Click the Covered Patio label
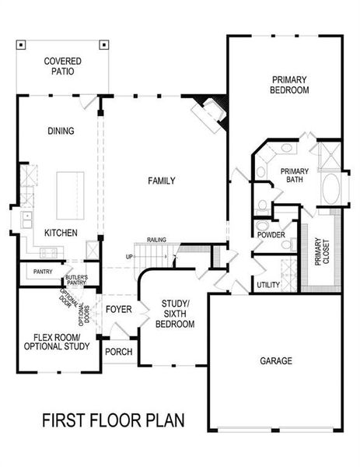63,65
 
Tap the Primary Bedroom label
290,84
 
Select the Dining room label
60,131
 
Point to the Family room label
161,181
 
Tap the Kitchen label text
60,233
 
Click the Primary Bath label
295,176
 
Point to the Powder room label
271,235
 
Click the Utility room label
268,286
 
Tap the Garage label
276,360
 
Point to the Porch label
118,352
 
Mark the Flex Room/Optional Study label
58,342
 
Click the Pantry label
42,271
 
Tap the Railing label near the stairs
156,240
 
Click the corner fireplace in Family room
210,114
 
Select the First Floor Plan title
113,421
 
